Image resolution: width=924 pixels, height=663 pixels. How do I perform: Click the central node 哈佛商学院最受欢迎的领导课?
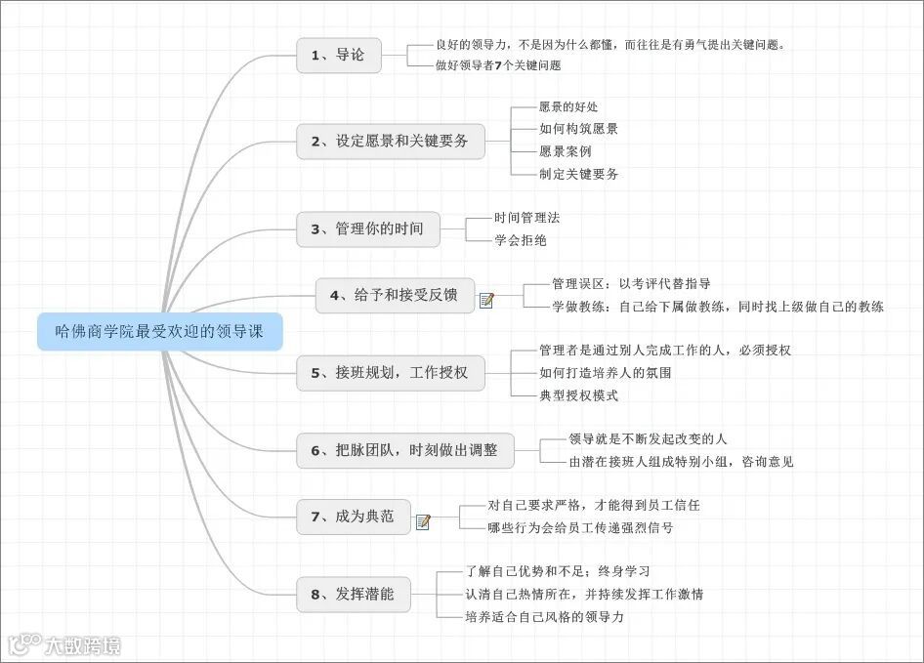tap(160, 332)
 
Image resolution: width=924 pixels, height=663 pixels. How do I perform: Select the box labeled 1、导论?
tap(338, 56)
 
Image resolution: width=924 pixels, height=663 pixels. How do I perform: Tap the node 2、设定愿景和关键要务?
tap(390, 142)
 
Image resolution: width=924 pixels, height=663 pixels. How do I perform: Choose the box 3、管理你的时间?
tap(367, 229)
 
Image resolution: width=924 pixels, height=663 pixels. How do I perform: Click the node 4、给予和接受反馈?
tap(394, 296)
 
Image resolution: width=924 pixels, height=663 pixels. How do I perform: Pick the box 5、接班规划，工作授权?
tap(390, 373)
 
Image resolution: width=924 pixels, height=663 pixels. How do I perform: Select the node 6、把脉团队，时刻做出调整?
tap(404, 450)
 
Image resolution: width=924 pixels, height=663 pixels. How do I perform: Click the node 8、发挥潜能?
tap(353, 594)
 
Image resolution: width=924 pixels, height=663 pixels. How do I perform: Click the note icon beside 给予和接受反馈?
tap(486, 301)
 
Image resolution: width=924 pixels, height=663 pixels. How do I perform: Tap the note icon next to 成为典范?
tap(423, 522)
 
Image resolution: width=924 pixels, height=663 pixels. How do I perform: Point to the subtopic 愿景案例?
tap(565, 151)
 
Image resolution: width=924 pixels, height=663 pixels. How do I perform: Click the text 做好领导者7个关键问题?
tap(498, 65)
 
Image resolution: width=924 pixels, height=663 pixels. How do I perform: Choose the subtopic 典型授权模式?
tap(578, 395)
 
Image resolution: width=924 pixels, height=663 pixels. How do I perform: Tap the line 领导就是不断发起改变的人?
tap(648, 439)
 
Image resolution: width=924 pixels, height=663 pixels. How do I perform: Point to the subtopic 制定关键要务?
tap(578, 174)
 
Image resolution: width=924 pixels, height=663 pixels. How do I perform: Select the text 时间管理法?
tap(526, 218)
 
